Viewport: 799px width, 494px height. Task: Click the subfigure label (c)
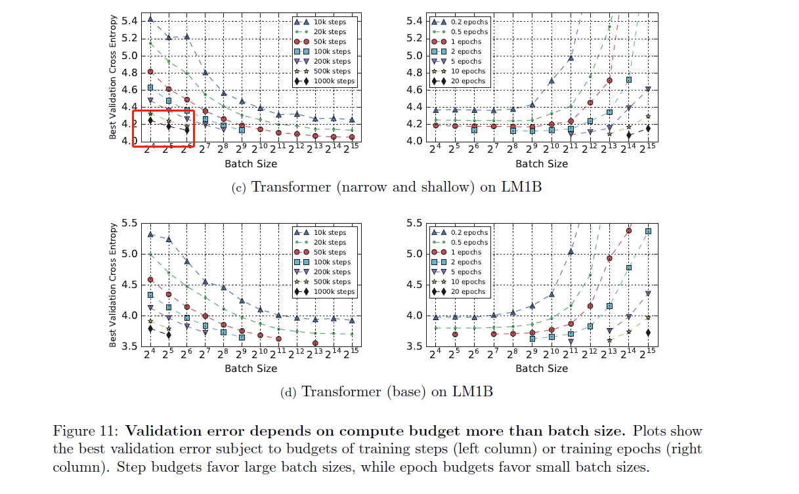[239, 188]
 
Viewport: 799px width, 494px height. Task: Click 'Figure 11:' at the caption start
[86, 432]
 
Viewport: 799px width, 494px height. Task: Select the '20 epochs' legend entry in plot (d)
[467, 291]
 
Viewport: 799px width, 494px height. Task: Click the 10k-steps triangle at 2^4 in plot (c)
[151, 18]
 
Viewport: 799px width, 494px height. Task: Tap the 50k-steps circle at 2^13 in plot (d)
[315, 343]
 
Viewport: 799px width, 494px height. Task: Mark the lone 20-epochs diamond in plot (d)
[648, 333]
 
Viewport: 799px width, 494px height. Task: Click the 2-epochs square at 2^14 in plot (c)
[628, 80]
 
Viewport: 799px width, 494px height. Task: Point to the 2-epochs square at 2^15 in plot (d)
[648, 231]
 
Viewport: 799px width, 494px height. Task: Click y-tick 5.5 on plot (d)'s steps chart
[129, 223]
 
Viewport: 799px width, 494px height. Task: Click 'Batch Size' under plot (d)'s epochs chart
[542, 368]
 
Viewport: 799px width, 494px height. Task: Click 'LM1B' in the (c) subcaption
[521, 188]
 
